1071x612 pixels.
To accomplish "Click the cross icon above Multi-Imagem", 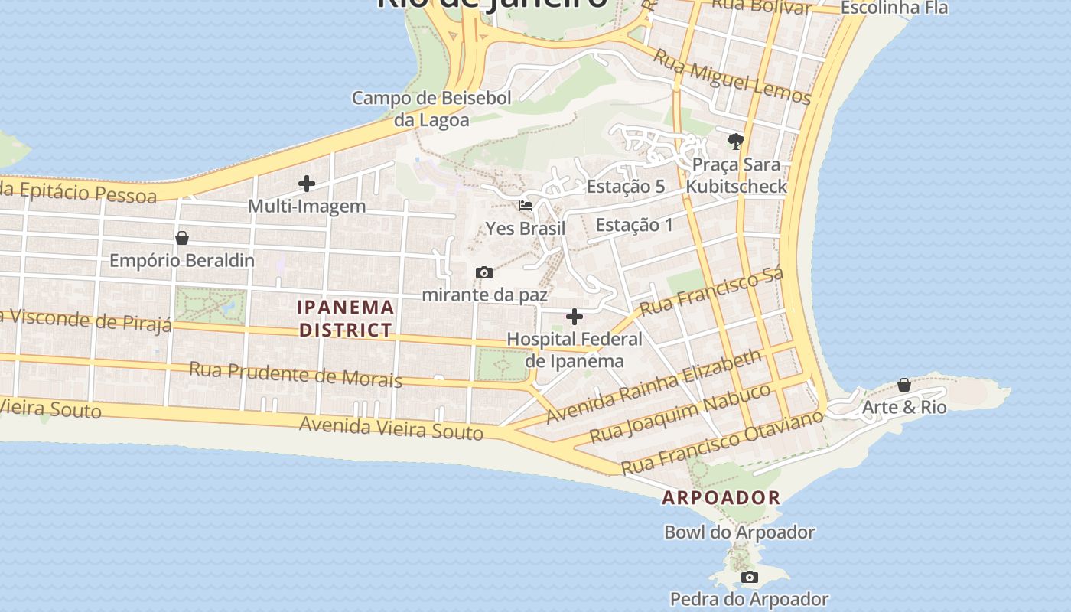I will pos(307,184).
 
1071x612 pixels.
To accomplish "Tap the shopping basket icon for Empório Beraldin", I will pos(182,238).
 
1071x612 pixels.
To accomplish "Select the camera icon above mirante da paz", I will pos(483,272).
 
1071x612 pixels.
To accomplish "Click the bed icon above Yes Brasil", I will pos(526,206).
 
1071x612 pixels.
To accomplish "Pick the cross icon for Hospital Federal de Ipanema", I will pos(575,317).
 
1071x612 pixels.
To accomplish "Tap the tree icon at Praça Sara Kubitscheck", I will pos(736,141).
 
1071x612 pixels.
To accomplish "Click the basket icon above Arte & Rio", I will pos(904,384).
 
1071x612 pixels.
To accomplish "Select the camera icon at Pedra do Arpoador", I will pos(750,577).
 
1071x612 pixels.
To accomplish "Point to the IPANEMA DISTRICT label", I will pos(346,319).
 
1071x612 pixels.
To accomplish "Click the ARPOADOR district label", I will pos(721,497).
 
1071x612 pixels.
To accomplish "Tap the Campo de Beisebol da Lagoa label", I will pos(431,109).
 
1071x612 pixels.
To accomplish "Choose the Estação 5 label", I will pos(625,187).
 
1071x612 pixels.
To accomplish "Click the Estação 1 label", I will pos(634,225).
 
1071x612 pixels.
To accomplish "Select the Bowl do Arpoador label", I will pos(739,532).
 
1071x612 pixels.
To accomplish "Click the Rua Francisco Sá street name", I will pos(711,292).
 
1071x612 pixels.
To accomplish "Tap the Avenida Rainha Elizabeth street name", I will pos(654,387).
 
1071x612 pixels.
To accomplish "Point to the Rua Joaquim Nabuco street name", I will pos(682,414).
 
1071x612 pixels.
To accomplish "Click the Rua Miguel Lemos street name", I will pos(731,76).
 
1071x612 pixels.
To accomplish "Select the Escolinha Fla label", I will pos(894,8).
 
